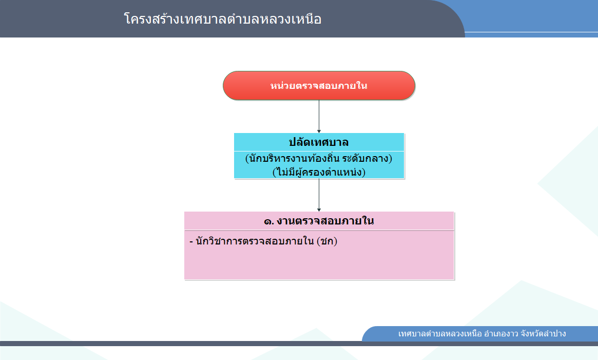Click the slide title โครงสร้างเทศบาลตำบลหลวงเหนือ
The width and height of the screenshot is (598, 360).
(223, 19)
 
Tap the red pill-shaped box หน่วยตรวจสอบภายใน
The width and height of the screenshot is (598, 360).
(319, 86)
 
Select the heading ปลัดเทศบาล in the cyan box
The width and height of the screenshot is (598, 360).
(319, 142)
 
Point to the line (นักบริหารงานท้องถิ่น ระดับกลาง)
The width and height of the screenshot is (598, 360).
(319, 158)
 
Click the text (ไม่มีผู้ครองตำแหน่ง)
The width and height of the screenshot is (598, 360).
(319, 172)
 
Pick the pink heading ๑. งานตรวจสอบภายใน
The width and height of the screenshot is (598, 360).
(319, 221)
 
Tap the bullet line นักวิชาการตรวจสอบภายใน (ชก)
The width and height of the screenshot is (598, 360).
(263, 241)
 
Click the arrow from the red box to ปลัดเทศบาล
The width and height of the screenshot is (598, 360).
(319, 117)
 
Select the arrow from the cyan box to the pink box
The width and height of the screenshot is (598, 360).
(319, 195)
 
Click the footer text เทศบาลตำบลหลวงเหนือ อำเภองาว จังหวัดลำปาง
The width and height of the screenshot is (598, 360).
(482, 334)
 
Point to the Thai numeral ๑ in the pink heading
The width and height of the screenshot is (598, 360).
(268, 221)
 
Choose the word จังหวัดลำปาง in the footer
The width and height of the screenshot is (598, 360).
(543, 334)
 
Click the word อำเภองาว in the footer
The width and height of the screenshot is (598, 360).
(501, 334)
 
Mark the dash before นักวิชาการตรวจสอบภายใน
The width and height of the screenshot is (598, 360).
(191, 242)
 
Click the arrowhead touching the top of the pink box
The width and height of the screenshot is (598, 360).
(319, 210)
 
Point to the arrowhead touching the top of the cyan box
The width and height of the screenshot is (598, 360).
(319, 131)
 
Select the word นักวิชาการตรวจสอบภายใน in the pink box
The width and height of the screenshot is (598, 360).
(255, 241)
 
